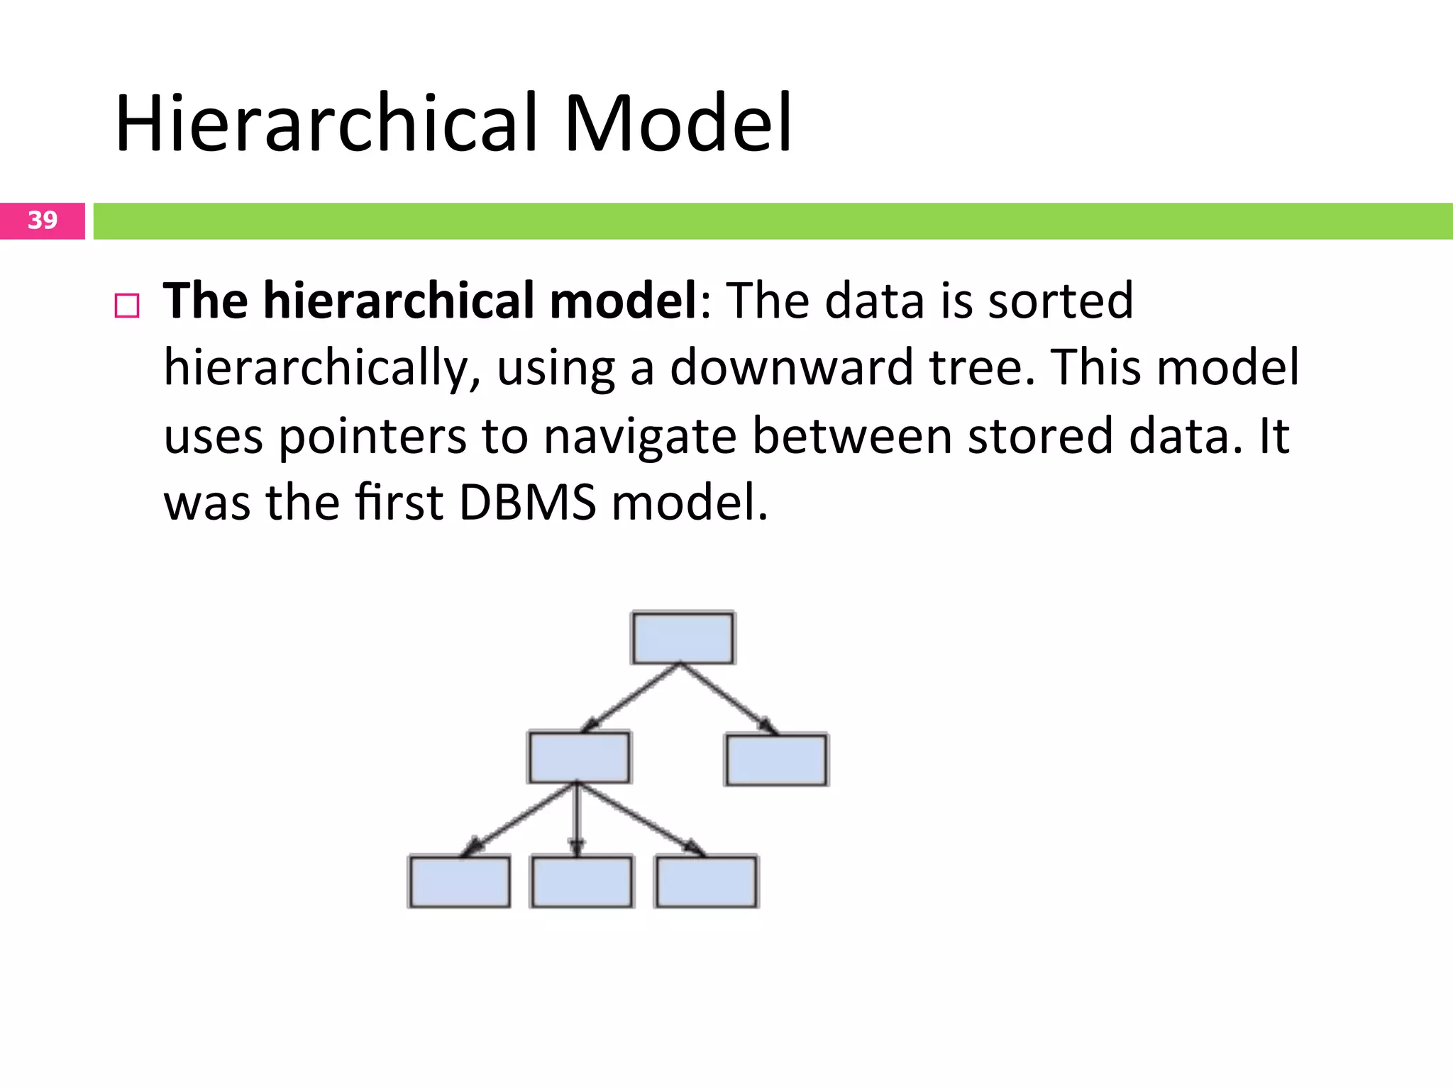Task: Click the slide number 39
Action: click(43, 220)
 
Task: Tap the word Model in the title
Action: click(678, 124)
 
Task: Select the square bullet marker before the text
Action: click(127, 306)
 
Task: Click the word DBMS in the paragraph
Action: click(527, 502)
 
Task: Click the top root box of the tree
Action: click(683, 638)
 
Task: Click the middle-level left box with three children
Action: click(579, 757)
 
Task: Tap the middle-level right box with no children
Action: click(776, 759)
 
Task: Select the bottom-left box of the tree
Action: click(459, 881)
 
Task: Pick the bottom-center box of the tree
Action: click(582, 881)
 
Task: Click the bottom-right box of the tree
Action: click(706, 881)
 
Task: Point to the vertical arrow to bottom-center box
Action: click(577, 819)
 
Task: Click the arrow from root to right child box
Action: click(729, 698)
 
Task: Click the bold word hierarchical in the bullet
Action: click(402, 301)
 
